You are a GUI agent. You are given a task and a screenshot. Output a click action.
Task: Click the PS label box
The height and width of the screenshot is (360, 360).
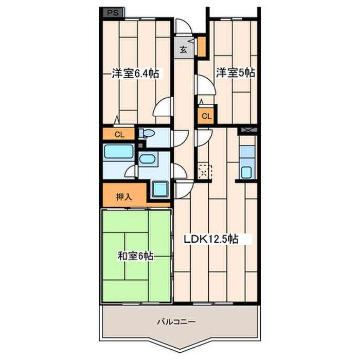click(x=113, y=13)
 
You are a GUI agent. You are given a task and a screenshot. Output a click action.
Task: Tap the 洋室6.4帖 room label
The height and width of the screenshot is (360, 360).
click(x=135, y=74)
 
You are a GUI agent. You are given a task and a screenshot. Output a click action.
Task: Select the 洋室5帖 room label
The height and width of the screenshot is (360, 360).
click(x=236, y=73)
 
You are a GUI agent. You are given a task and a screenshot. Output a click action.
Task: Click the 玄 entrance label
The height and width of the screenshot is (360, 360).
click(x=183, y=49)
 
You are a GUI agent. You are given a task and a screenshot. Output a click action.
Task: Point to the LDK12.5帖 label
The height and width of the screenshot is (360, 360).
click(x=211, y=239)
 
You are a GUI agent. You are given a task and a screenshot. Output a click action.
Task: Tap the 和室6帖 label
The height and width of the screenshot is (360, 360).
click(x=135, y=256)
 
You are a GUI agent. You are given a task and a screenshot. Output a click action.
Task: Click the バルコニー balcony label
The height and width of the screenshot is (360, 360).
click(x=176, y=321)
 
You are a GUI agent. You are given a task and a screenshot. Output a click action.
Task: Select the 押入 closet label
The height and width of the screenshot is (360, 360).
click(x=124, y=197)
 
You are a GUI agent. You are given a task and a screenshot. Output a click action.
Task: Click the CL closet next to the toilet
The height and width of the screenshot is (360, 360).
click(x=118, y=134)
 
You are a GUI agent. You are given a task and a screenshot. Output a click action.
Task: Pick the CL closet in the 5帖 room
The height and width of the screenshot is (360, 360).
click(x=206, y=116)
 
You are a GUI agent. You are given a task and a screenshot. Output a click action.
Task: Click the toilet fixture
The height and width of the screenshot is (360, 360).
click(x=147, y=133)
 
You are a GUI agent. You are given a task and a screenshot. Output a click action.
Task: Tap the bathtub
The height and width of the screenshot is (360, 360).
click(x=118, y=152)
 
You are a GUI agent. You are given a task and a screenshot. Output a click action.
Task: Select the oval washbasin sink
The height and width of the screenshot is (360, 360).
click(x=147, y=159)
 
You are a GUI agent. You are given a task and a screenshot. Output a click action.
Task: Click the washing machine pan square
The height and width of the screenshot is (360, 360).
click(x=160, y=189)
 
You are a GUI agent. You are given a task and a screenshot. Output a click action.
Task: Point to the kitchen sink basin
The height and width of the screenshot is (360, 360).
click(x=246, y=172)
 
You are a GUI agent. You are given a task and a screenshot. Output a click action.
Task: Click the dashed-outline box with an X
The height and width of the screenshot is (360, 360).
click(x=204, y=171)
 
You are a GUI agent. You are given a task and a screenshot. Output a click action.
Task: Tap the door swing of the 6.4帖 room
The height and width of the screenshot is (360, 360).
click(x=163, y=107)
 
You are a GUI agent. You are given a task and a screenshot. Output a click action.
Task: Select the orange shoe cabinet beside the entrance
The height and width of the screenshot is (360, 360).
click(x=202, y=47)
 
